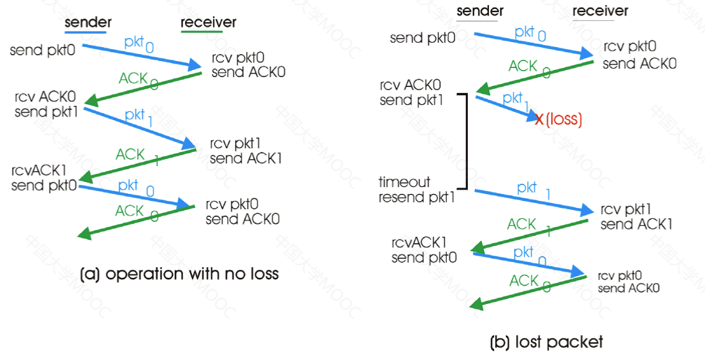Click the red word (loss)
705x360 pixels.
564,119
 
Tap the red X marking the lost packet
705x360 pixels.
540,119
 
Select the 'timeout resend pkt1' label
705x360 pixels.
417,190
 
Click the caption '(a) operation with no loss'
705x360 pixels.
179,273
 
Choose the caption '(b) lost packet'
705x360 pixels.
546,342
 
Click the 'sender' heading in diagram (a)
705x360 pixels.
88,22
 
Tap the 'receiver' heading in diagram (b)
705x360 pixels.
600,11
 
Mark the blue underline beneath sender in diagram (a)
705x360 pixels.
85,32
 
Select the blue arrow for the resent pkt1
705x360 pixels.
534,201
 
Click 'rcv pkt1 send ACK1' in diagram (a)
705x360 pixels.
245,151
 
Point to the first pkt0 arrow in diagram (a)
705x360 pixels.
142,56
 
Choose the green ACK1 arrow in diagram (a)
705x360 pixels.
137,165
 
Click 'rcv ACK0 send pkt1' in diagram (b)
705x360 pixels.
411,92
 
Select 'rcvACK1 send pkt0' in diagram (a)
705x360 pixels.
44,177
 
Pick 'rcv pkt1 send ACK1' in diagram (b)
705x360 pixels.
636,216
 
